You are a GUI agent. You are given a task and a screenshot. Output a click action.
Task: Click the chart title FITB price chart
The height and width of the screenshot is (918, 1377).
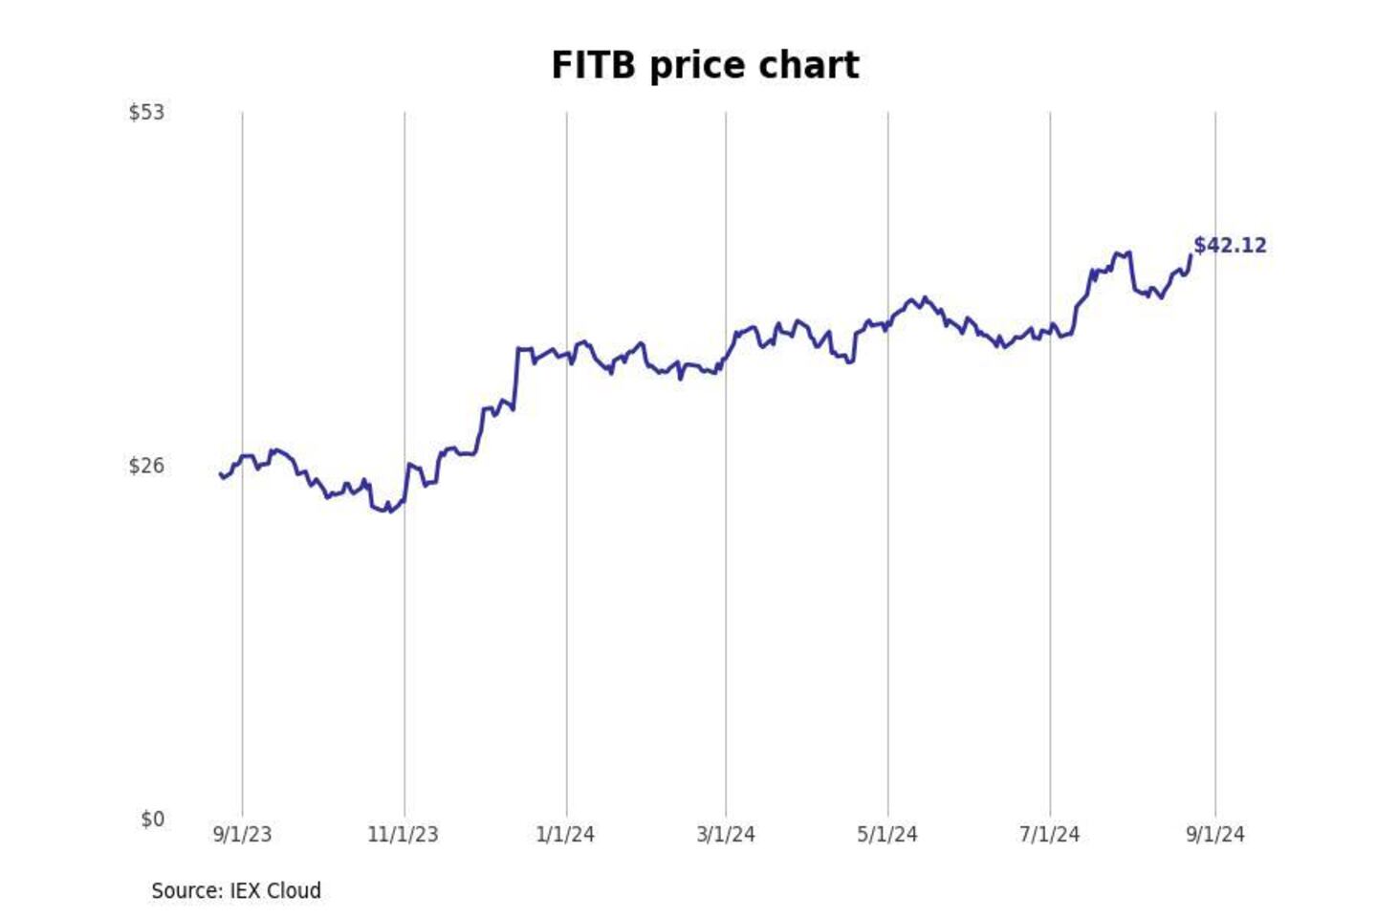(705, 65)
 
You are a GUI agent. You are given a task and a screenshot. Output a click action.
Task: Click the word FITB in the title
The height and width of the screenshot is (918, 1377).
(593, 65)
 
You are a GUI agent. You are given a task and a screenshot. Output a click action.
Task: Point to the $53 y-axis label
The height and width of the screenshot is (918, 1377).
(146, 112)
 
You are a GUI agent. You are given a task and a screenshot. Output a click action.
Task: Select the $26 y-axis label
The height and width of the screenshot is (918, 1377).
(146, 466)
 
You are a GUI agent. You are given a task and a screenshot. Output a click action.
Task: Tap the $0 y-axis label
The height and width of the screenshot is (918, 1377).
(152, 819)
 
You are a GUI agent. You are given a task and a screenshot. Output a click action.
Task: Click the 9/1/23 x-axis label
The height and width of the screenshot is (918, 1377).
(242, 834)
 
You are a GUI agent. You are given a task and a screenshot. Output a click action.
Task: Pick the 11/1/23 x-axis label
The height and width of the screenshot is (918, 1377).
(403, 834)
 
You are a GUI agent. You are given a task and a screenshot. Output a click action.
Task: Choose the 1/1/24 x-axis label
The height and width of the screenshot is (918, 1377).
(565, 834)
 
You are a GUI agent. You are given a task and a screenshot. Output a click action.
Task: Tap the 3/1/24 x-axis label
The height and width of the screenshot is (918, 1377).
(726, 834)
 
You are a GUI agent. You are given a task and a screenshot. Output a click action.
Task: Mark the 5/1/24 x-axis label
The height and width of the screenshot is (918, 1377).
(887, 834)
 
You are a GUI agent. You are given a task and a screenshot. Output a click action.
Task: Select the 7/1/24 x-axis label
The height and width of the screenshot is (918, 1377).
(1049, 834)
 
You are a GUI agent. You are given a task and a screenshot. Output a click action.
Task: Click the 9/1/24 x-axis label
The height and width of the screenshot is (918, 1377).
(1215, 834)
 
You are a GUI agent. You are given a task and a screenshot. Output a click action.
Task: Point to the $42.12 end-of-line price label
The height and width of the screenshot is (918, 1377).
(1230, 245)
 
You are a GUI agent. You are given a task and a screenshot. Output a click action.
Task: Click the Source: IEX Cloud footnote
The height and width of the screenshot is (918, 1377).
(236, 890)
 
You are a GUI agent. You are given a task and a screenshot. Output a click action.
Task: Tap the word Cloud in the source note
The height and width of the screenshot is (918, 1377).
(294, 890)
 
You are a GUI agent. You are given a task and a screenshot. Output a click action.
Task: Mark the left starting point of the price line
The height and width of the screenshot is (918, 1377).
(220, 473)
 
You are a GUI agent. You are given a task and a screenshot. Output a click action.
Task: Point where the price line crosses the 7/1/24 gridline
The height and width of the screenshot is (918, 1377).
(1050, 329)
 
